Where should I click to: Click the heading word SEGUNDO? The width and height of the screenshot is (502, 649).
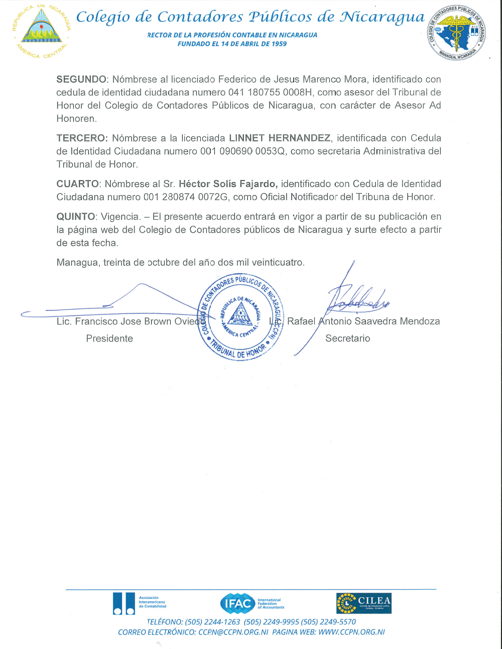(81, 79)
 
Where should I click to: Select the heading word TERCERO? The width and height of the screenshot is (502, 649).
(81, 138)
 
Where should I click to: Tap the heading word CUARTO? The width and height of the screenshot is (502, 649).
(77, 184)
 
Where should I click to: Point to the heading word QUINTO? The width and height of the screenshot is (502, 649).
(76, 217)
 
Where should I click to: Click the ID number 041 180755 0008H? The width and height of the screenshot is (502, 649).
(270, 92)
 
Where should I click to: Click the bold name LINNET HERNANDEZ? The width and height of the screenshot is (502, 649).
(280, 138)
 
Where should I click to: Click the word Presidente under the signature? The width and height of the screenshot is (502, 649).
(109, 339)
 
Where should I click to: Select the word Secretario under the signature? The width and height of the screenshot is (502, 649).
(347, 339)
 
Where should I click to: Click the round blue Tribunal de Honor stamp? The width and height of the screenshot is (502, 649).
(241, 317)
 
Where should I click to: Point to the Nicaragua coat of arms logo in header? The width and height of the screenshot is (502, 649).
(42, 31)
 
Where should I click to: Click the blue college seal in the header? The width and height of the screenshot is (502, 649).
(456, 33)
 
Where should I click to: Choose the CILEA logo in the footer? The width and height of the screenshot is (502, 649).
(364, 603)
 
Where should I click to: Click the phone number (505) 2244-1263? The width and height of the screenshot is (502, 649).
(212, 622)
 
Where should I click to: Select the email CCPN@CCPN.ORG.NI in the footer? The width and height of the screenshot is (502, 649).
(233, 632)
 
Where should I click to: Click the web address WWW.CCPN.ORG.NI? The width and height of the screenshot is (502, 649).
(351, 632)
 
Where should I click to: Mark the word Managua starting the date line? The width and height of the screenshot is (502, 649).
(78, 262)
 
